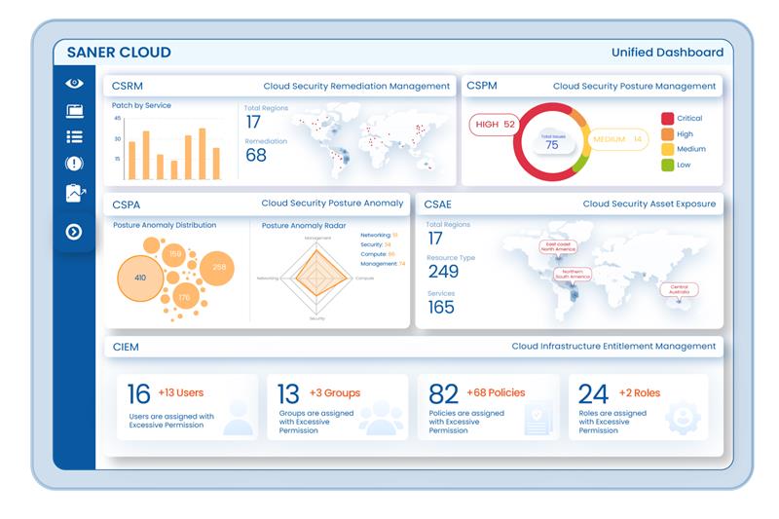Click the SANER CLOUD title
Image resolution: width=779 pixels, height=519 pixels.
(x=119, y=53)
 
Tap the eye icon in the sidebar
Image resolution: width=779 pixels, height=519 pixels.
(x=75, y=84)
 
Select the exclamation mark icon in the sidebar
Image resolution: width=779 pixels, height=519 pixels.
(x=75, y=164)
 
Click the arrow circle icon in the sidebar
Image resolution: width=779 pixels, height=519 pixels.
(x=75, y=232)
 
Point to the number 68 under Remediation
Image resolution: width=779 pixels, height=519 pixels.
(x=256, y=156)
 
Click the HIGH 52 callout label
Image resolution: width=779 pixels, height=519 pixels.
(x=496, y=125)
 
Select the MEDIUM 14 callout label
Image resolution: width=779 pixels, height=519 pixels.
(x=617, y=140)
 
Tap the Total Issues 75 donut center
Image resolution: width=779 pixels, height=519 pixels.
(x=551, y=142)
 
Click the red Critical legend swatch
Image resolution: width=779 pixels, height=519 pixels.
(x=668, y=118)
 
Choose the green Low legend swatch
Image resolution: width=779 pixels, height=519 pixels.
(x=668, y=165)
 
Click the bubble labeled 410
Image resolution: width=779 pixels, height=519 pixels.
(x=140, y=278)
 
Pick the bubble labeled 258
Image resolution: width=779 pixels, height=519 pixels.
(x=218, y=267)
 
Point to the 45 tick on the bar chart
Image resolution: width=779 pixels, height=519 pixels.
(x=118, y=119)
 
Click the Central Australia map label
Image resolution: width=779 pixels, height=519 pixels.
(x=679, y=289)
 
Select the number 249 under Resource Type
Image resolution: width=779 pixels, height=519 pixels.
(x=443, y=272)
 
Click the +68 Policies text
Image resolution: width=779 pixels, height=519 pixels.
(x=496, y=393)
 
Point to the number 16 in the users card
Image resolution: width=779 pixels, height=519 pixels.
(x=139, y=393)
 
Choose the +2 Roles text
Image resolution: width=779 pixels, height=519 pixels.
(x=640, y=393)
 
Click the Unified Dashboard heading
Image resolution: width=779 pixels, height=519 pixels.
(x=667, y=53)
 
